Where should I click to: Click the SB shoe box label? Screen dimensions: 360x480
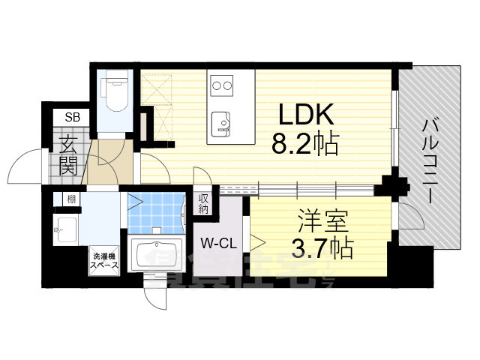(72, 116)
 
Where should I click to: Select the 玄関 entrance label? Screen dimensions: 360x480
(67, 156)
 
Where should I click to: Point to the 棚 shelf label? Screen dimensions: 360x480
(70, 199)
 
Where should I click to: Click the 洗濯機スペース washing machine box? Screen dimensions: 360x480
(104, 259)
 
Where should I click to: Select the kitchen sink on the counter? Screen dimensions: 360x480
(222, 123)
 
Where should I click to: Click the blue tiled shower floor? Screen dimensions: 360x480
(156, 211)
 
